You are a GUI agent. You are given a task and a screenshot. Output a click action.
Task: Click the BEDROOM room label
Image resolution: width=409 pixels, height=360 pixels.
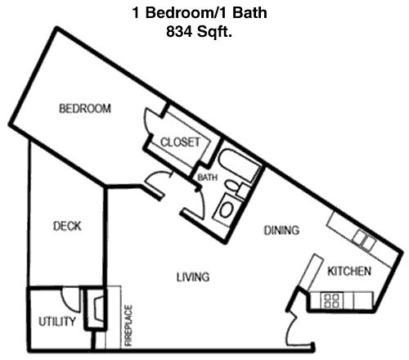(x=85, y=109)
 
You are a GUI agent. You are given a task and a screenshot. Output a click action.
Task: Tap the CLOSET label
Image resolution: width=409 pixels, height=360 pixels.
(x=180, y=142)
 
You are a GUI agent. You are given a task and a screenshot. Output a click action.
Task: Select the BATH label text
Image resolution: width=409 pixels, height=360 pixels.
(x=207, y=178)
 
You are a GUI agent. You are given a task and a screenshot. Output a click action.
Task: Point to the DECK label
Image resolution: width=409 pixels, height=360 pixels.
(x=67, y=226)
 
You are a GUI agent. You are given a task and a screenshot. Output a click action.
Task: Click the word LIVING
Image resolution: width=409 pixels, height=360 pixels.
(x=193, y=277)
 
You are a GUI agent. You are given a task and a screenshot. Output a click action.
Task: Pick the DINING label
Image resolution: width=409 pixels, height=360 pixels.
(x=281, y=231)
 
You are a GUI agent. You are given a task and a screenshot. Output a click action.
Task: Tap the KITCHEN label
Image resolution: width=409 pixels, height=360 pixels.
(x=349, y=271)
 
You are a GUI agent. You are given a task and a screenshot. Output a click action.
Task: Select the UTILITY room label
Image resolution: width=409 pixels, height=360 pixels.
(x=56, y=322)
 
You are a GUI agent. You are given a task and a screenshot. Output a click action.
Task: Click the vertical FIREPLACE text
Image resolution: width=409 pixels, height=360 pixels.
(x=128, y=326)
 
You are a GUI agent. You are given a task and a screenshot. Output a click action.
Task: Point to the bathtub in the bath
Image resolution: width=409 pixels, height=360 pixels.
(x=240, y=164)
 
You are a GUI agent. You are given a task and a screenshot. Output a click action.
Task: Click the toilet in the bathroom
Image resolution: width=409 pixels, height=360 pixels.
(x=236, y=187)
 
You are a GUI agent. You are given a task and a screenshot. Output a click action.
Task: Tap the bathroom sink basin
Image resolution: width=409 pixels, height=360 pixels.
(x=226, y=209)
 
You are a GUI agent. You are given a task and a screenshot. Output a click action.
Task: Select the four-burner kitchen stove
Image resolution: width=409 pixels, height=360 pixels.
(x=332, y=300)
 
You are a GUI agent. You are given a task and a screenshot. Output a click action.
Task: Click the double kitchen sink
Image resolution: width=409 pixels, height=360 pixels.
(x=364, y=240)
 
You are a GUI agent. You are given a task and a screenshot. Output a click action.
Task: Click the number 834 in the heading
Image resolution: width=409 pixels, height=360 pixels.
(x=179, y=32)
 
